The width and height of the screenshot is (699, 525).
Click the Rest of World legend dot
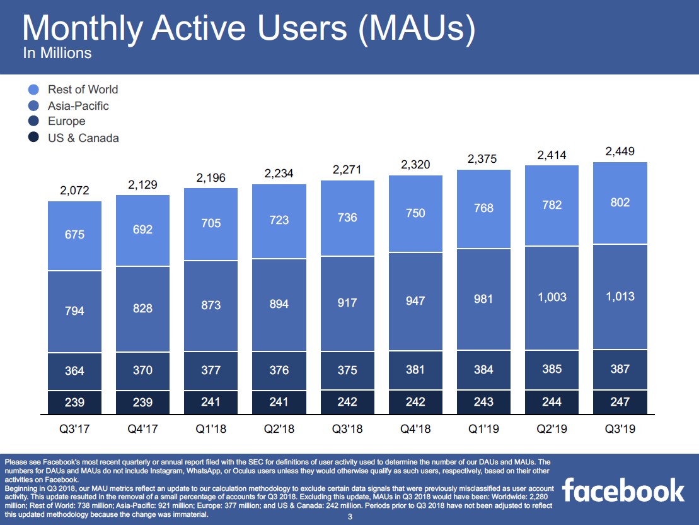point(35,90)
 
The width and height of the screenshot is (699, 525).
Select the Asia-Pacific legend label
point(78,106)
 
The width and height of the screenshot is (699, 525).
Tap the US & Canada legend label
point(83,138)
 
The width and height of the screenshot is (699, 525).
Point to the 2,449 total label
point(620,151)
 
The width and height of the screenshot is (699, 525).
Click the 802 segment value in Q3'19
point(620,203)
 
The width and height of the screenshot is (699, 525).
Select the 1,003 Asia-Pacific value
point(552,297)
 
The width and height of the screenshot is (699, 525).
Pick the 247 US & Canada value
point(620,401)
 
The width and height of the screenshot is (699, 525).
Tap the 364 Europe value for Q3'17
point(75,370)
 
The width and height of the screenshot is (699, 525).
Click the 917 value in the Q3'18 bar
point(347,302)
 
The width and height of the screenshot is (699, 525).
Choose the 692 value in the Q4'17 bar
point(143,230)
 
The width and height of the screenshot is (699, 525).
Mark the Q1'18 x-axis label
point(211,429)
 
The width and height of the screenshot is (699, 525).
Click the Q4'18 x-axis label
point(415,429)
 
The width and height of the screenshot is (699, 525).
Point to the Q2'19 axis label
point(552,429)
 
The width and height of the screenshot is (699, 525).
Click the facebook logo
point(623,490)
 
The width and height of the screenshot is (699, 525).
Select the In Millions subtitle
point(57,53)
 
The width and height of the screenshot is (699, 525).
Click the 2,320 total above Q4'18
point(415,165)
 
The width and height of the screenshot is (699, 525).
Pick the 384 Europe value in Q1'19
point(483,369)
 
